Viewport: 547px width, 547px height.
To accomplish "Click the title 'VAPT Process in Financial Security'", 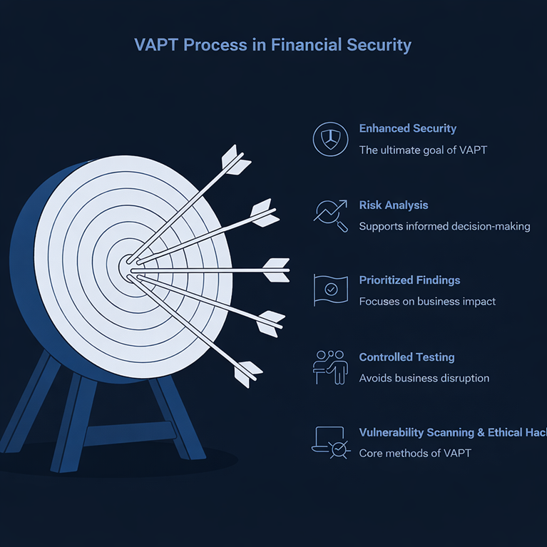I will [272, 45].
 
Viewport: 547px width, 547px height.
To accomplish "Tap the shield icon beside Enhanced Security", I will [330, 139].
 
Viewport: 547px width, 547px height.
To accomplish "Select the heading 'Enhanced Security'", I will [407, 128].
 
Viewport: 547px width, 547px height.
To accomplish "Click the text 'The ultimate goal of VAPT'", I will [423, 150].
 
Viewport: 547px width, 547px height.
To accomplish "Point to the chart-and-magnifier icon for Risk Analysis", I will [330, 215].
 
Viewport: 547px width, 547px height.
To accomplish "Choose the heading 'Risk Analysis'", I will [394, 205].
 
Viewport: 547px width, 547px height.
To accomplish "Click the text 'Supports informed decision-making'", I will [444, 226].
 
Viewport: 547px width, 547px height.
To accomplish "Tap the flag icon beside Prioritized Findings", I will [330, 290].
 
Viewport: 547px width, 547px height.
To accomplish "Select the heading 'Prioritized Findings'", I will [409, 280].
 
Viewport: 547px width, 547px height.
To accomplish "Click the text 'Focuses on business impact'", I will [427, 302].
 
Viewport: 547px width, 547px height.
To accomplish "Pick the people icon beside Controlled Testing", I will [330, 367].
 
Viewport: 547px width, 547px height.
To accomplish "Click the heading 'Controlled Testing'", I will [407, 357].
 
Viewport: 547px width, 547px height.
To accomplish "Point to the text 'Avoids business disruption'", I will [424, 378].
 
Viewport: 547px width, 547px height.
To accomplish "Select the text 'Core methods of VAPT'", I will [415, 453].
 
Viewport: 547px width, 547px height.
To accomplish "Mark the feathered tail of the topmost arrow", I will [235, 160].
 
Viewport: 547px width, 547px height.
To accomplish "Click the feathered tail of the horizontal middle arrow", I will [276, 270].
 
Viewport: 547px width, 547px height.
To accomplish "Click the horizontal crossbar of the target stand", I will [128, 432].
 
